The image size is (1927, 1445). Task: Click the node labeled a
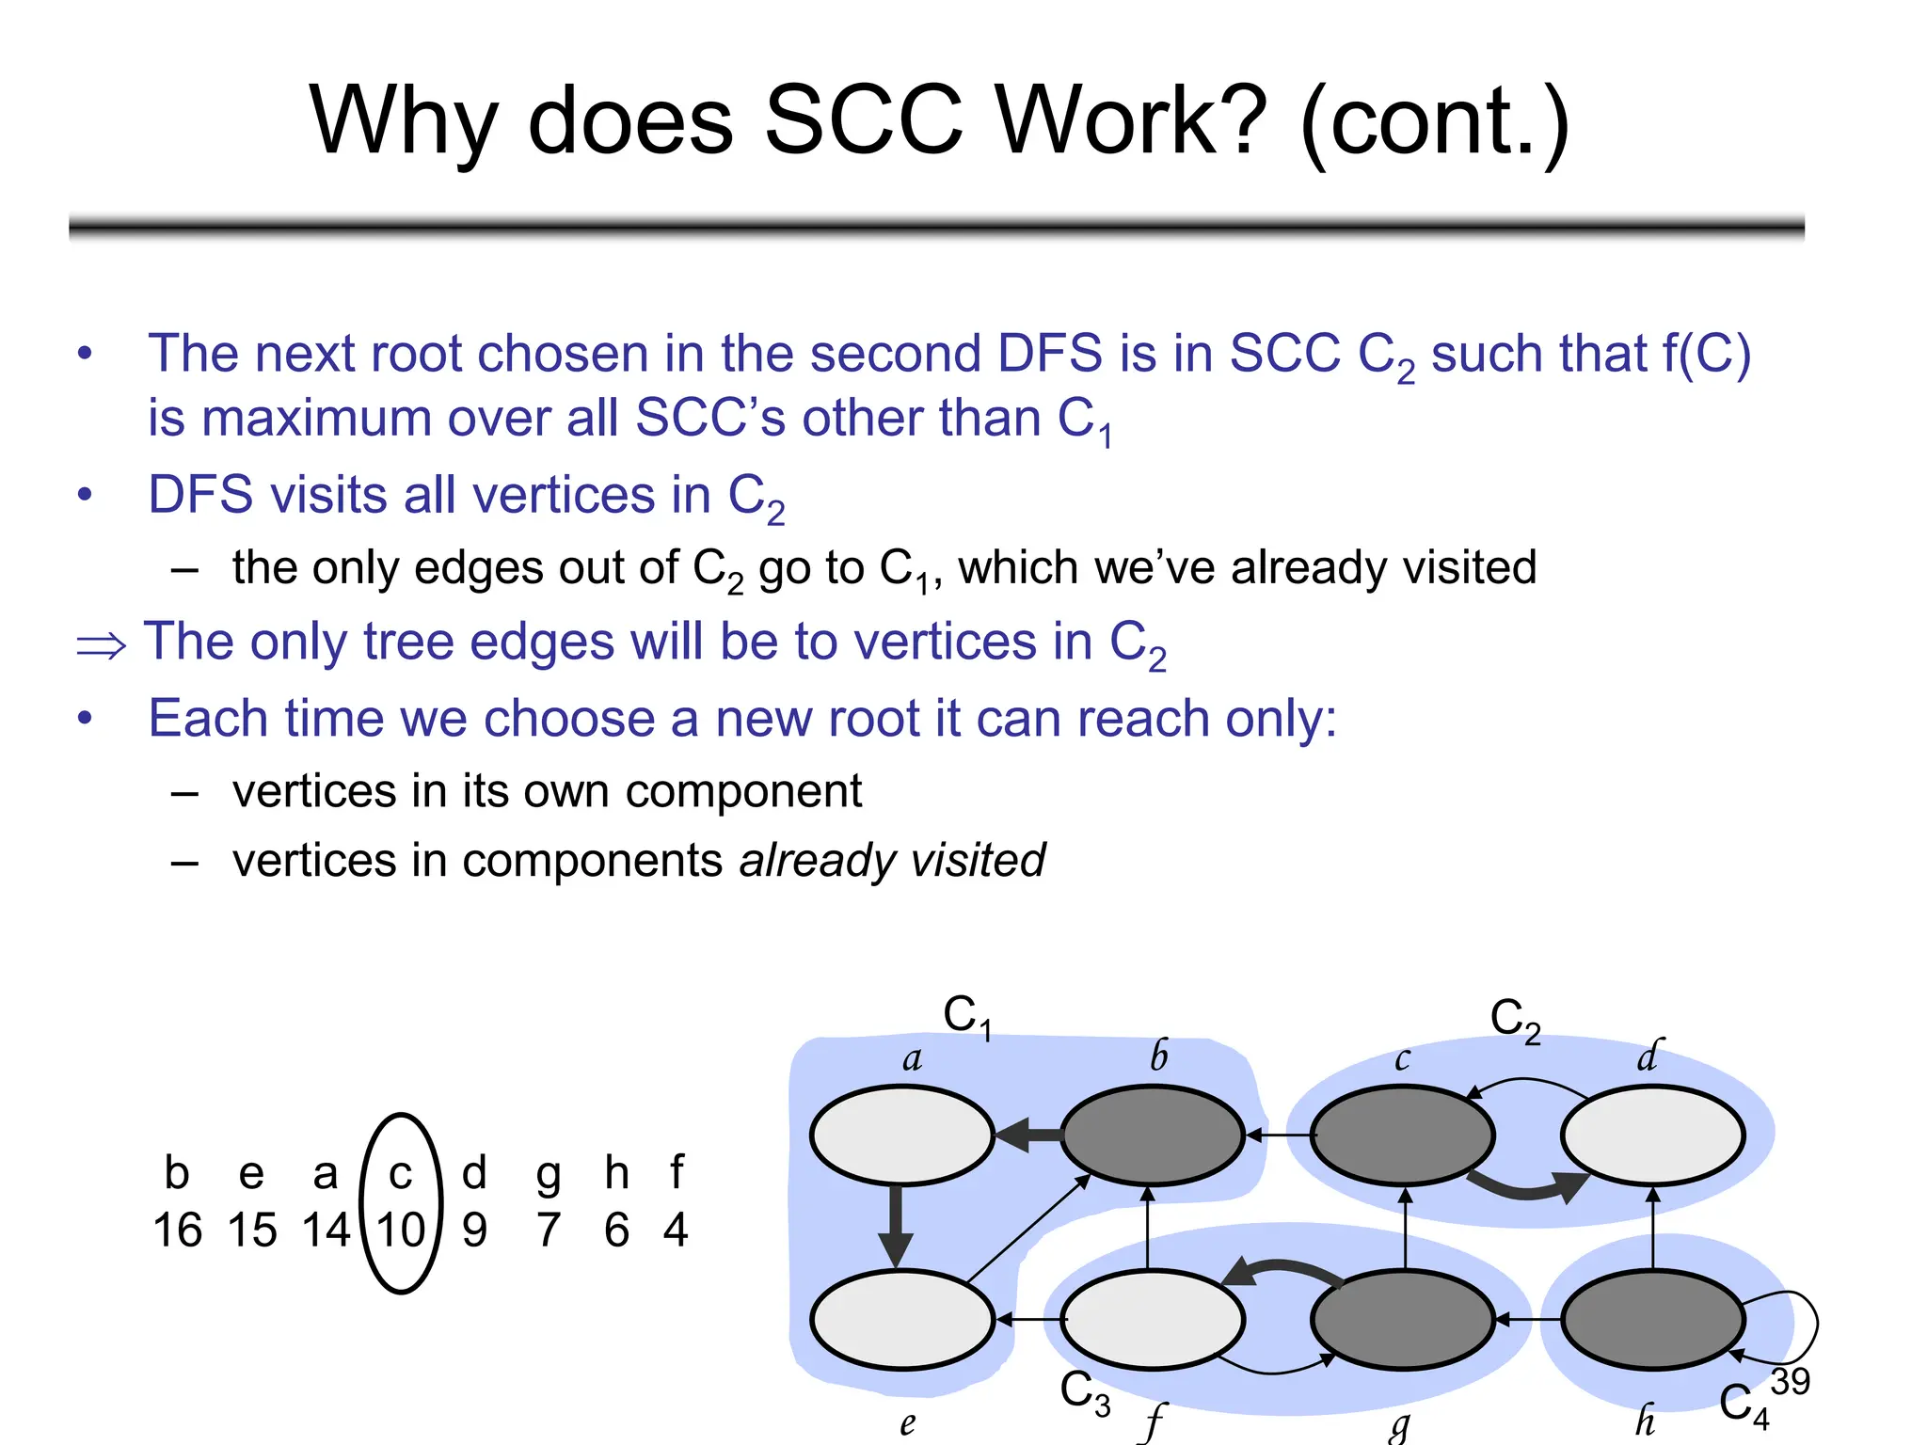[901, 1135]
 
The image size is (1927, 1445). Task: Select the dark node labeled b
[1152, 1135]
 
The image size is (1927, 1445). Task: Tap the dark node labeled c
[1402, 1135]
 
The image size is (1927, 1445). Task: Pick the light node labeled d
[1652, 1135]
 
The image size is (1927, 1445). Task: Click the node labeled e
[901, 1319]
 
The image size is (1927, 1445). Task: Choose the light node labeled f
[1152, 1319]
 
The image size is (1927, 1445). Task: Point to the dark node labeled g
[1402, 1319]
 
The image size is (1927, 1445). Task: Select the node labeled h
[1652, 1319]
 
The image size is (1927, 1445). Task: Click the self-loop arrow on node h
[1807, 1326]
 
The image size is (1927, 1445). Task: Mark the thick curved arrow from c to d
[1529, 1189]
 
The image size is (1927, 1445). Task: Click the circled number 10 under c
[401, 1231]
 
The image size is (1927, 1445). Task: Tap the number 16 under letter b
[177, 1231]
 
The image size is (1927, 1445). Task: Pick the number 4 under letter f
[676, 1231]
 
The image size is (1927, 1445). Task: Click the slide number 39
[1790, 1381]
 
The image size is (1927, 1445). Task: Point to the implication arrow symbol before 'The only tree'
[101, 646]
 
